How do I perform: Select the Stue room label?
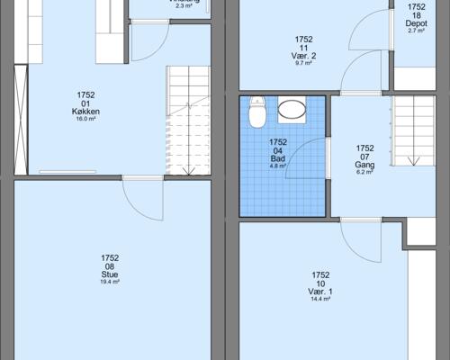tap(110, 274)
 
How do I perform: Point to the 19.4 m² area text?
tap(110, 283)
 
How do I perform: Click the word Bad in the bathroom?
tap(277, 158)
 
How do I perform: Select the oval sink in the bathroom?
tap(292, 111)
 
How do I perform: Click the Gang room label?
tap(364, 166)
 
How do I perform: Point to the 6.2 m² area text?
tap(364, 174)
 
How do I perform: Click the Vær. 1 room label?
tap(320, 292)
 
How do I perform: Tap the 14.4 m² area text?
tap(320, 300)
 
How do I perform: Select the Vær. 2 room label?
tap(303, 56)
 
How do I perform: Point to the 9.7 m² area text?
tap(303, 64)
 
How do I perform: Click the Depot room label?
tap(416, 23)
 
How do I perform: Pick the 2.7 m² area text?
tap(416, 31)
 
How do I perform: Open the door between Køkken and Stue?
tap(142, 193)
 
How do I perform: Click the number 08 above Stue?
tap(110, 266)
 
